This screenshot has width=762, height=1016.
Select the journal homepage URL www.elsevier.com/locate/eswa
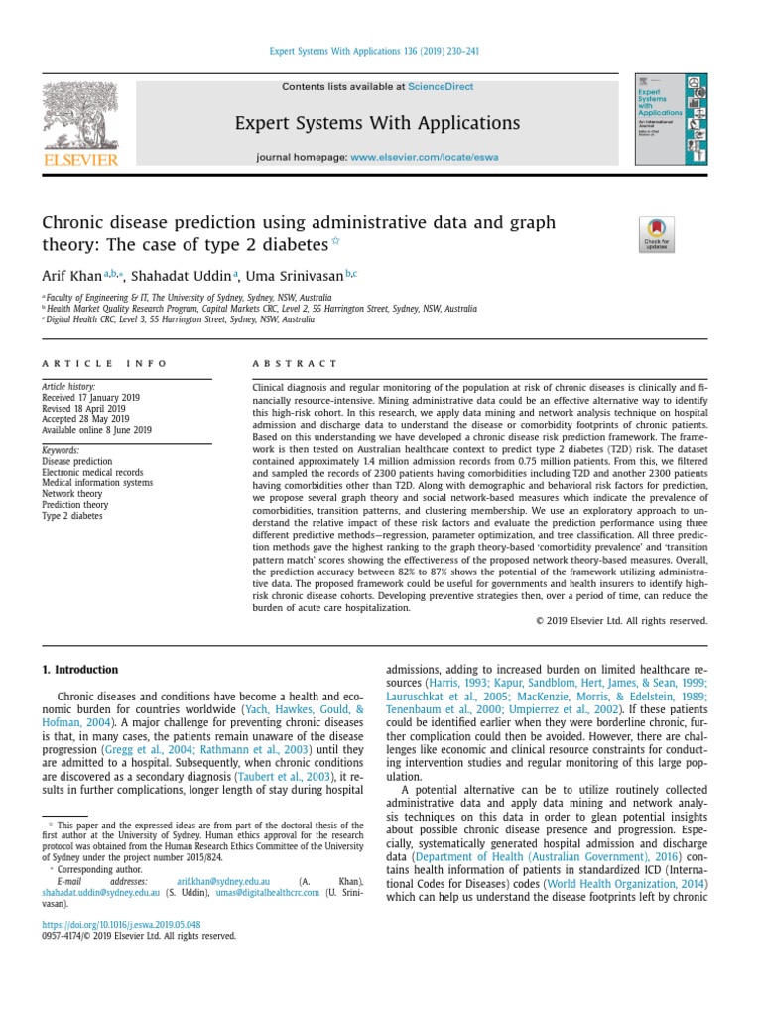coord(424,157)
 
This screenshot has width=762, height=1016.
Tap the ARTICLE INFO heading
coord(104,364)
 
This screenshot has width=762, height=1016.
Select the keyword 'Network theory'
coord(71,493)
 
